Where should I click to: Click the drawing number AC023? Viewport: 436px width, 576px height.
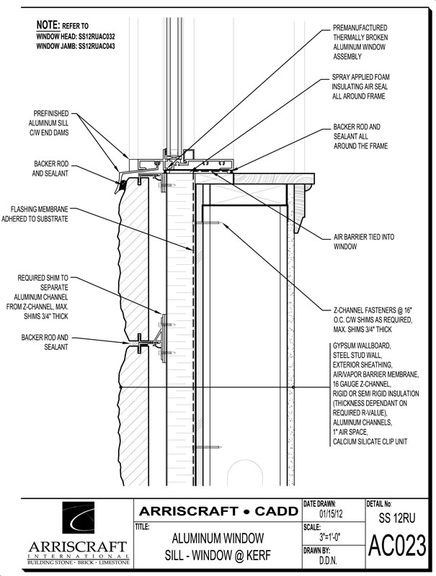click(397, 546)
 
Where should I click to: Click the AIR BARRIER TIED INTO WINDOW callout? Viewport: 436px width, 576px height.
click(354, 240)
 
